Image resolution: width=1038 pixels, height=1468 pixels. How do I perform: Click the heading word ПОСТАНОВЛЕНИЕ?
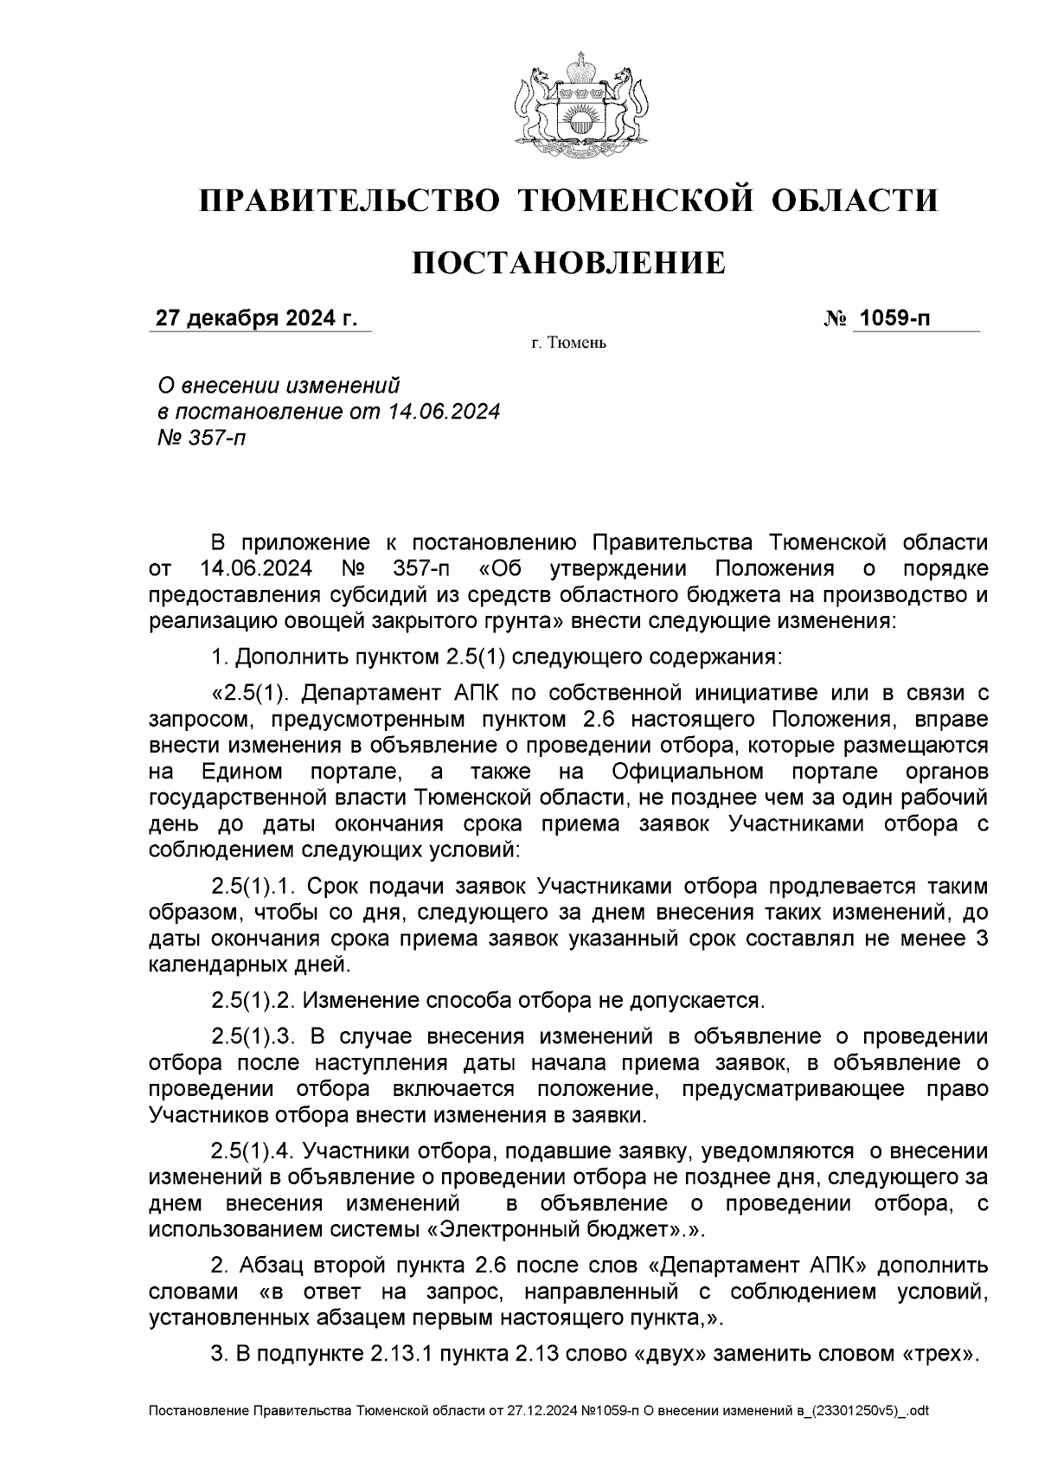tap(568, 262)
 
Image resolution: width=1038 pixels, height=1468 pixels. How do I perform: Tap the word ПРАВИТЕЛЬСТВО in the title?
tap(350, 201)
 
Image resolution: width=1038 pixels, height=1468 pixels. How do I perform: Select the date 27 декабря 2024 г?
tap(256, 319)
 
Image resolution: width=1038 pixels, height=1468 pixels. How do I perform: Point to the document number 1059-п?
tap(894, 319)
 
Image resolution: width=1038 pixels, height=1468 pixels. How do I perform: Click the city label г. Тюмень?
tap(568, 344)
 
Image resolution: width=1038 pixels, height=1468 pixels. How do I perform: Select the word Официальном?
tap(687, 771)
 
